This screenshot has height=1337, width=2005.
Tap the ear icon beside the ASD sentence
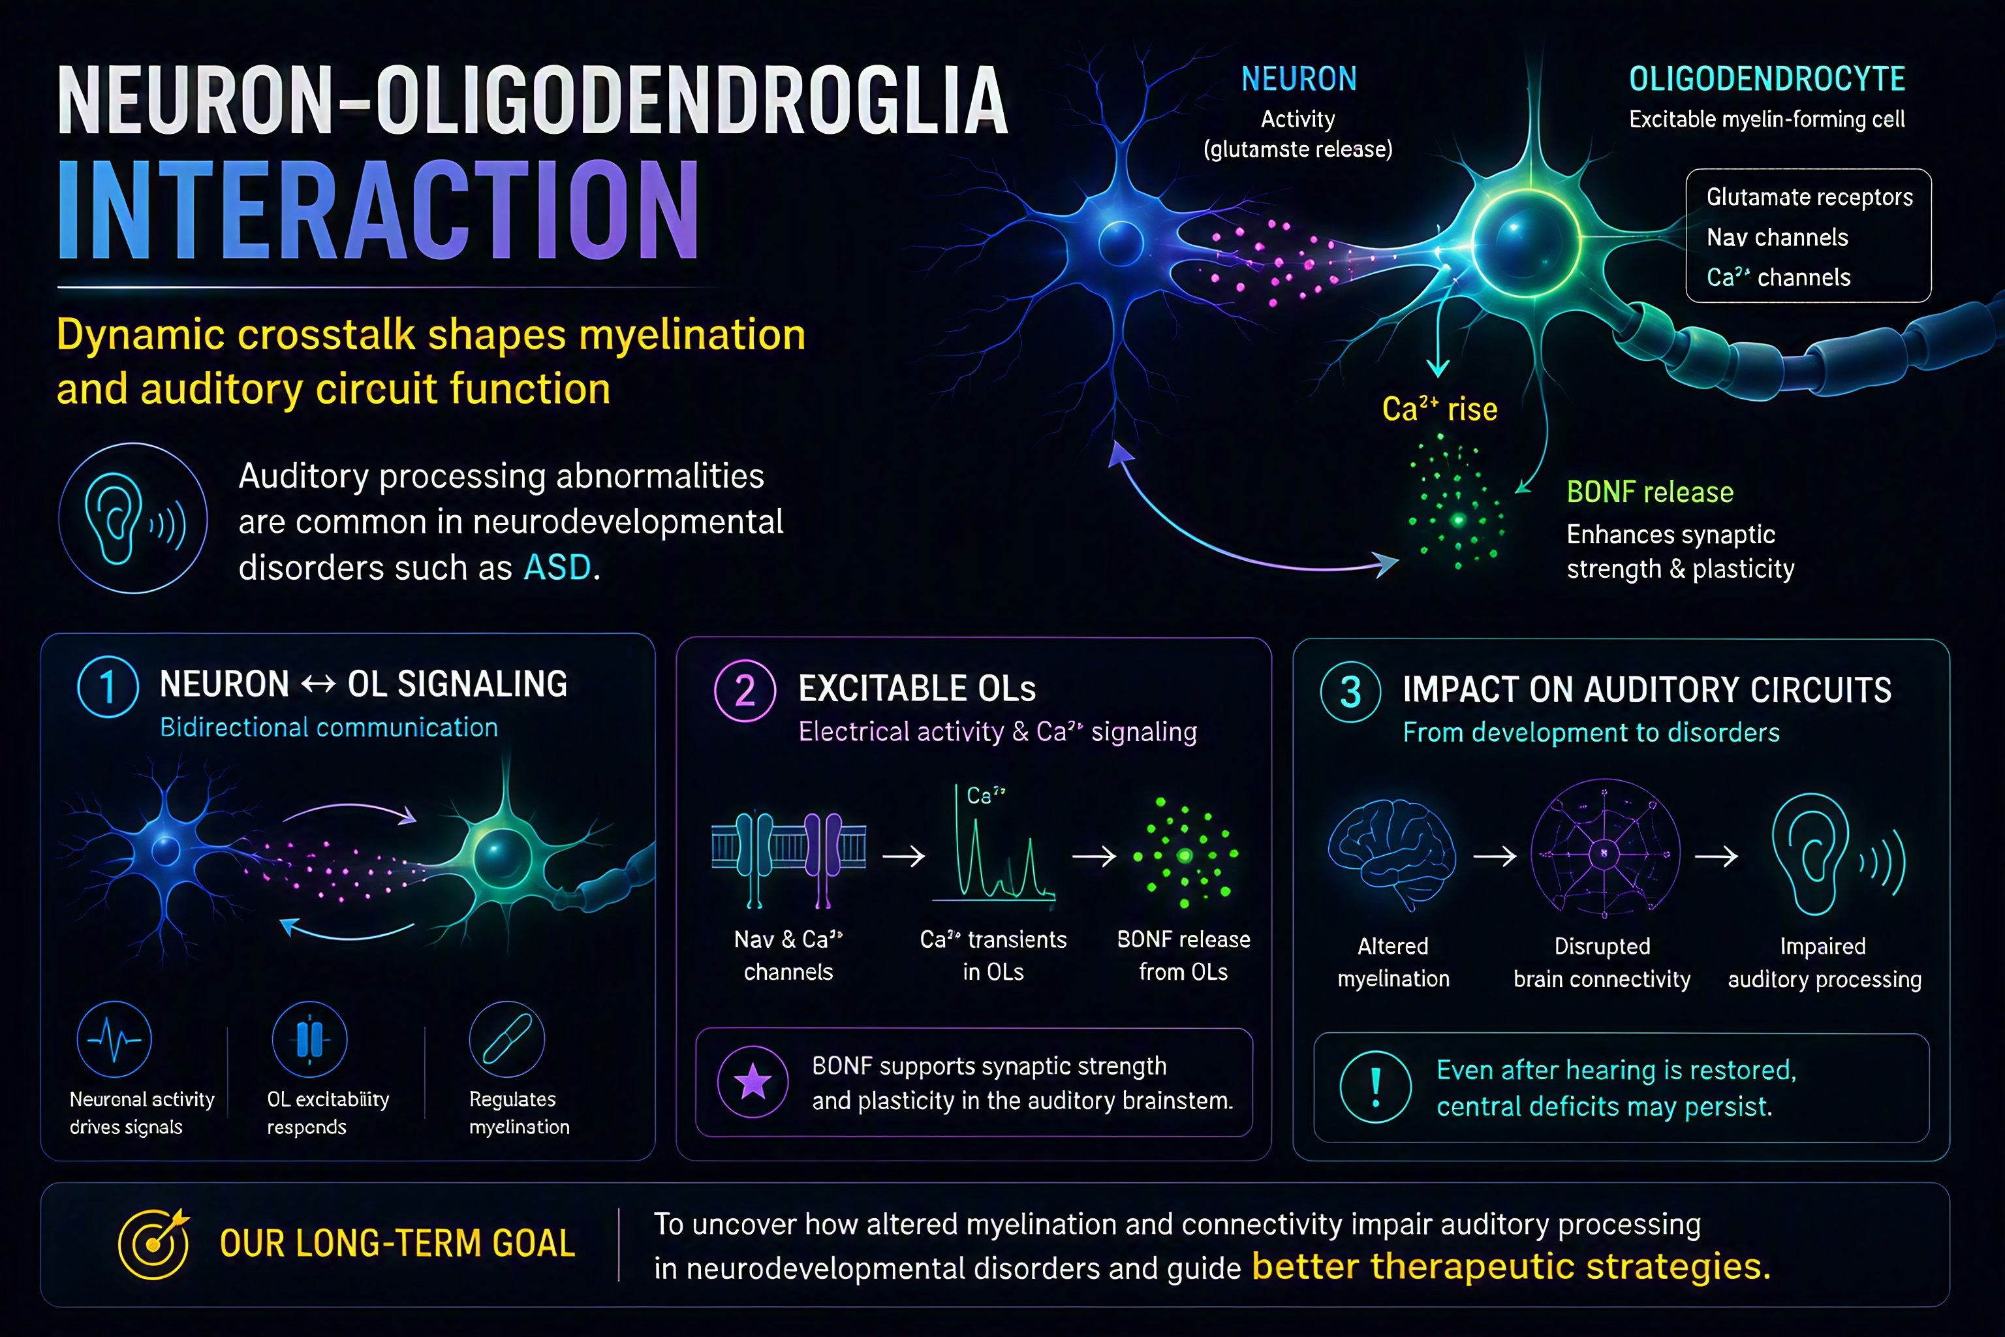133,518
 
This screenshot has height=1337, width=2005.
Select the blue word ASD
557,567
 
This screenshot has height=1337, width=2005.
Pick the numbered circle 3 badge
1351,691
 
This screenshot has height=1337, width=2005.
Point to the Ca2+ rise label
1440,409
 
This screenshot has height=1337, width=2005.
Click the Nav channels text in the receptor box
1777,237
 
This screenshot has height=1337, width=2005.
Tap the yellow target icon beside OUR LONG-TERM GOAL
154,1243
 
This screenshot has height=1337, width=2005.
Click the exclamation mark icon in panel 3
1375,1087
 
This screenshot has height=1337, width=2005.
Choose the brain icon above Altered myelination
1392,855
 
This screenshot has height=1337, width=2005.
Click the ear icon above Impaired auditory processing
1838,855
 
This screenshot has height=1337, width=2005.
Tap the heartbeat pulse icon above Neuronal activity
114,1039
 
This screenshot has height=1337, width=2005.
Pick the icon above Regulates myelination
507,1039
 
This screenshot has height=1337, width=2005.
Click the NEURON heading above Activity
1298,79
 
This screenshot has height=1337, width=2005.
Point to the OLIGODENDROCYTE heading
1767,79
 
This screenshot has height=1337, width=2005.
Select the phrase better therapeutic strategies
1510,1266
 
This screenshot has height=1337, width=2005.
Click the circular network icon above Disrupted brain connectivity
1605,852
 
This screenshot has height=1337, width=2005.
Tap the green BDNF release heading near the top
1649,492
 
